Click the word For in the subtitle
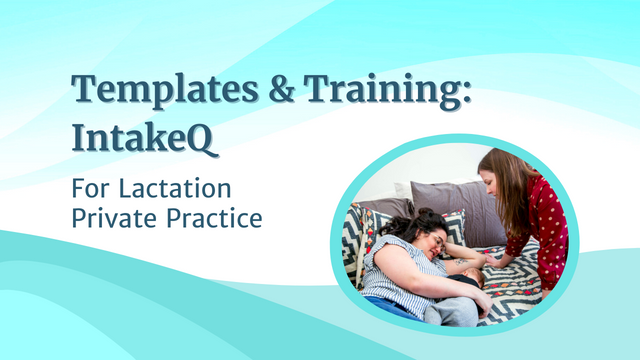point(93,187)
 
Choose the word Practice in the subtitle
point(212,217)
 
